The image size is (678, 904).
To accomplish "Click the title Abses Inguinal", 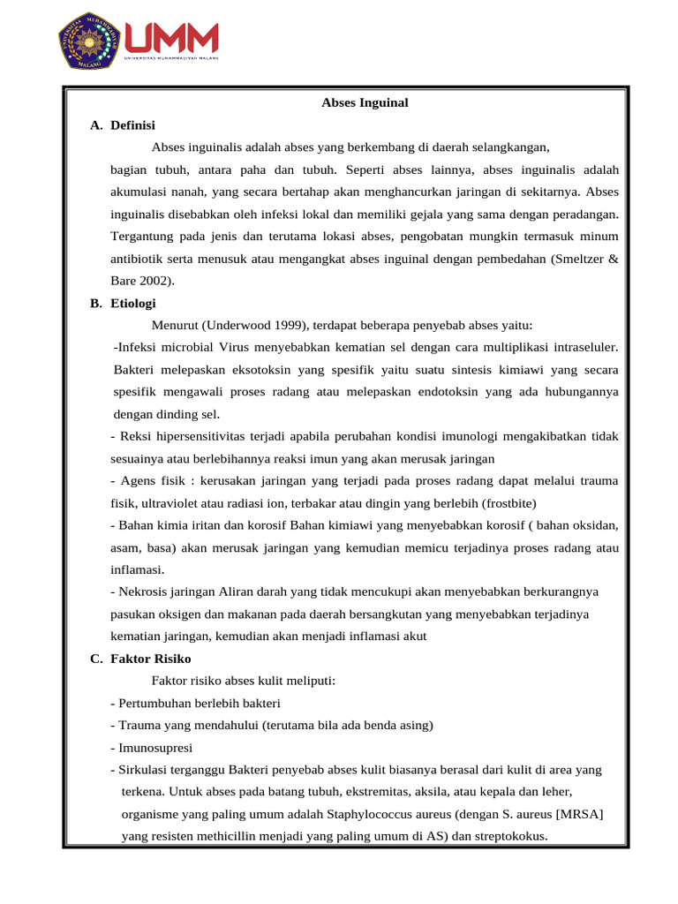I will point(365,103).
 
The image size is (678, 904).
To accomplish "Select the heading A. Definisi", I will point(123,125).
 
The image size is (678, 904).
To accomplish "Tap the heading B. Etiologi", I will point(123,303).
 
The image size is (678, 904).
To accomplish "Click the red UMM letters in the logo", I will point(172,38).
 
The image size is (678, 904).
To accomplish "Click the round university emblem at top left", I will point(90,40).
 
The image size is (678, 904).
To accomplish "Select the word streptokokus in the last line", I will point(506,836).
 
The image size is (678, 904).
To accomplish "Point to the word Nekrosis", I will point(144,591).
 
